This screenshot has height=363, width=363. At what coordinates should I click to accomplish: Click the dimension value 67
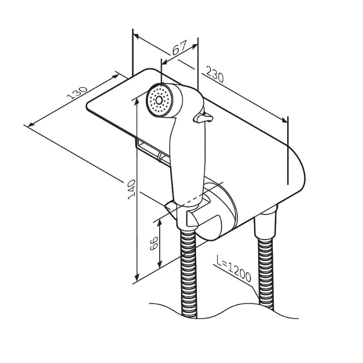179,50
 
